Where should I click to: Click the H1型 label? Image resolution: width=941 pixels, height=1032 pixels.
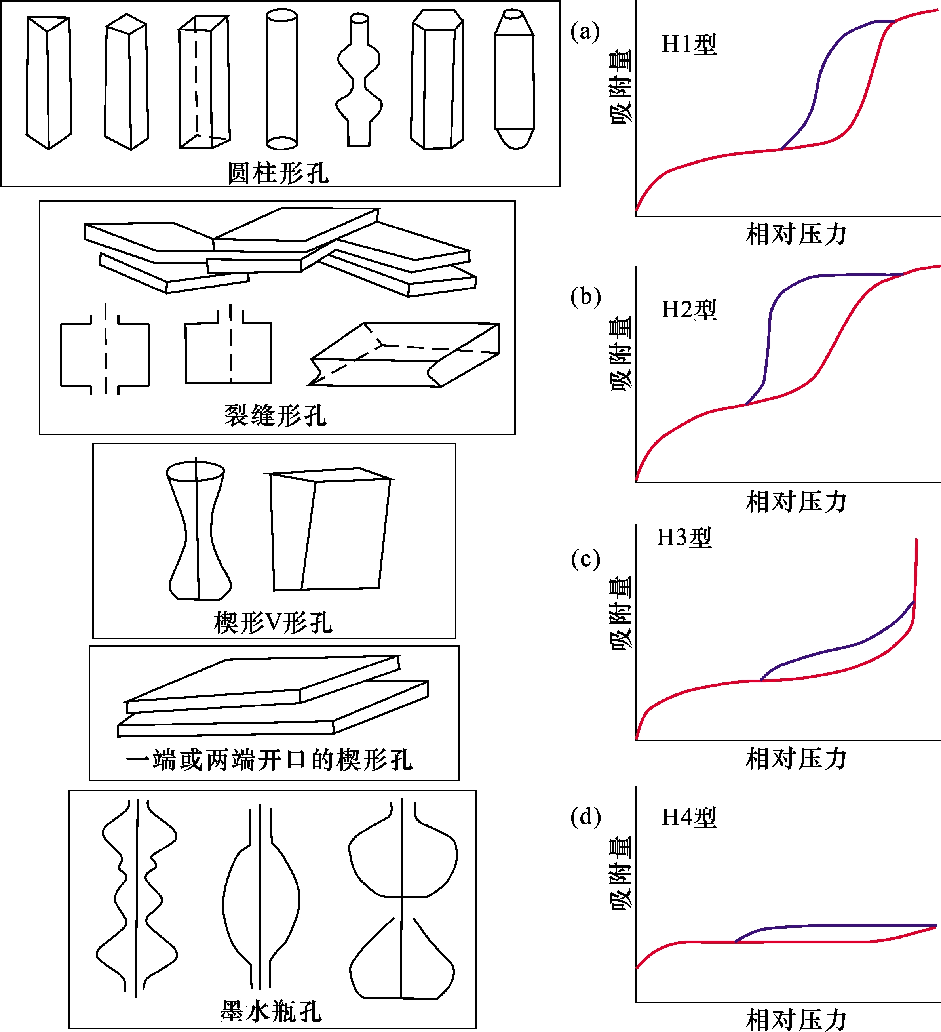pos(689,44)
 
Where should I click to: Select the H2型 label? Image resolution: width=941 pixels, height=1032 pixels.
pos(689,310)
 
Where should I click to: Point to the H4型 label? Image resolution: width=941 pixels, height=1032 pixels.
pos(689,817)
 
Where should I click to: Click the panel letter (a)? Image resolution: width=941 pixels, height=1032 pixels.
pos(585,32)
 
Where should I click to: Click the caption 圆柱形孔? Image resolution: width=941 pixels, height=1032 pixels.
pos(278,173)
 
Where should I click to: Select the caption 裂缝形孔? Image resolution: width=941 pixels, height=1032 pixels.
pos(275,415)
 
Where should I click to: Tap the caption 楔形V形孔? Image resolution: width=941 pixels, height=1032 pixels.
pos(273,623)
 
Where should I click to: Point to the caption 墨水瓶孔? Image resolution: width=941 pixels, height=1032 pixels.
pos(271,1011)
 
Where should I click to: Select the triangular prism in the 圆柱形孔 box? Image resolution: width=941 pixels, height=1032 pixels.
pos(49,82)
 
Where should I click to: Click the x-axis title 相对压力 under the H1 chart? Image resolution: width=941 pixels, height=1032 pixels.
pos(796,234)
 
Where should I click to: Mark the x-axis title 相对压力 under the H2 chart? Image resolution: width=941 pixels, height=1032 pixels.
pos(796,502)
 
